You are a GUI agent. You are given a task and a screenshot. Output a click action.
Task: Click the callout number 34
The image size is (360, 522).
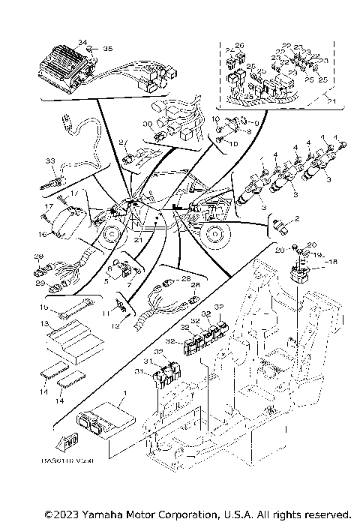click(82, 43)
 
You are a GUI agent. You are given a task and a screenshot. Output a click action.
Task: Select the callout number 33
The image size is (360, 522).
click(50, 160)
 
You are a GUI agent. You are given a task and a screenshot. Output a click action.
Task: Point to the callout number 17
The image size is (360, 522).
click(47, 206)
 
